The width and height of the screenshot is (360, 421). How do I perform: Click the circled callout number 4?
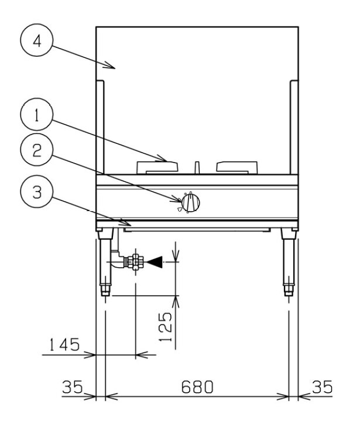(x=37, y=40)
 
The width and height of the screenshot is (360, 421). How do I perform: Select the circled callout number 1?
(x=37, y=115)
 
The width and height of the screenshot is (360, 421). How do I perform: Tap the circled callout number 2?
(x=37, y=150)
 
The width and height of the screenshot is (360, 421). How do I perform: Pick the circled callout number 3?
(x=37, y=192)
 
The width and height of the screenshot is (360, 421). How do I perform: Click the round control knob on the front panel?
(x=190, y=202)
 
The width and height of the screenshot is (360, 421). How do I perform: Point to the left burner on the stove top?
(x=157, y=167)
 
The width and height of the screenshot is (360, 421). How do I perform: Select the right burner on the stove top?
(x=237, y=167)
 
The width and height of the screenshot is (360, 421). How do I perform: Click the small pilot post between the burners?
(x=197, y=168)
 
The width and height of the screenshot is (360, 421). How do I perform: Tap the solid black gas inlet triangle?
(x=155, y=262)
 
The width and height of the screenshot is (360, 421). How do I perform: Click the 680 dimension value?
(x=197, y=387)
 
